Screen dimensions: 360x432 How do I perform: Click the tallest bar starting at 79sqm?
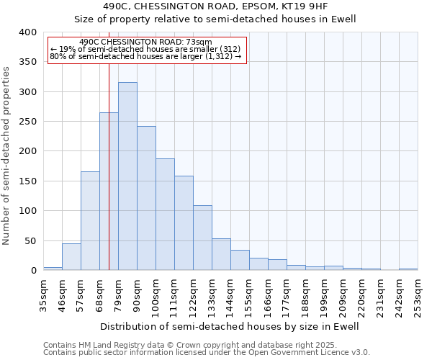[x=127, y=176]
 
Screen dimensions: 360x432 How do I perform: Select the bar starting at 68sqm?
[x=109, y=192]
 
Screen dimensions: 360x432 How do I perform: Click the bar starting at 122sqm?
[x=202, y=238]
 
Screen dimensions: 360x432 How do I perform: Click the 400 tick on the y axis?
[x=27, y=32]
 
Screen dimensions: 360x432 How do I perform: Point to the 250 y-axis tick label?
[x=27, y=122]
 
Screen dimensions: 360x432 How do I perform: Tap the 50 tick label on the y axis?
[x=30, y=240]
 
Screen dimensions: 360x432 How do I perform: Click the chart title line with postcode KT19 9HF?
[x=216, y=6]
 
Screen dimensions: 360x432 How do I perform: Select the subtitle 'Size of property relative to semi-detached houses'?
[x=216, y=19]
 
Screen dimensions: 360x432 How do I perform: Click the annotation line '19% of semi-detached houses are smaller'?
[x=145, y=49]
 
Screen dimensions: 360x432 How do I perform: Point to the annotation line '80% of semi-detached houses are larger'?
[x=145, y=56]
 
